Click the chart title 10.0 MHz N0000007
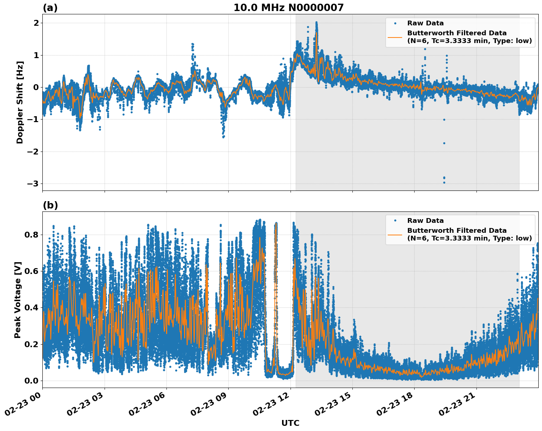[288, 8]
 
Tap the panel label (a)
[50, 8]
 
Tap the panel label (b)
[50, 205]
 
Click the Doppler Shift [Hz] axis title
[20, 102]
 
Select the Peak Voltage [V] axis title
[18, 300]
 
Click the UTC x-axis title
[290, 423]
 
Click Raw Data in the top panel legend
[425, 23]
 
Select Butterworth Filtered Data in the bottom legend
[457, 231]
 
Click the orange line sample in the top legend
[395, 37]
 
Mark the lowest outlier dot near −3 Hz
[444, 182]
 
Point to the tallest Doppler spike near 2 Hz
[316, 23]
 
